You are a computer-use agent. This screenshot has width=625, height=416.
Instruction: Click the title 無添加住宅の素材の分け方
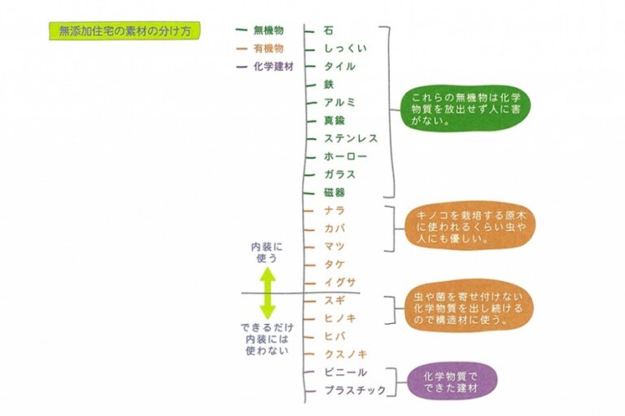click(125, 31)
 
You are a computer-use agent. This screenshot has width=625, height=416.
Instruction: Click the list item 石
click(328, 30)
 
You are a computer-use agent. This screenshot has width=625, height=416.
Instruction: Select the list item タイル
click(339, 66)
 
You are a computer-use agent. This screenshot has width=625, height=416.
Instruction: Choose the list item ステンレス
click(350, 138)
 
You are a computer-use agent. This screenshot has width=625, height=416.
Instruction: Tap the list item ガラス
click(339, 174)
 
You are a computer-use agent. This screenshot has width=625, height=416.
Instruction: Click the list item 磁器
click(334, 192)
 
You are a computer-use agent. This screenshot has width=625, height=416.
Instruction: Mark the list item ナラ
click(334, 210)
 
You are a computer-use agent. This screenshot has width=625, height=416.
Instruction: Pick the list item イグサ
click(339, 282)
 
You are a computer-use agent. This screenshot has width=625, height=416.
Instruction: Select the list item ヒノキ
click(339, 317)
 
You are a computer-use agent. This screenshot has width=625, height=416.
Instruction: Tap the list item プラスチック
click(355, 390)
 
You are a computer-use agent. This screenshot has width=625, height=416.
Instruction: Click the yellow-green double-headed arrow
click(268, 294)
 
